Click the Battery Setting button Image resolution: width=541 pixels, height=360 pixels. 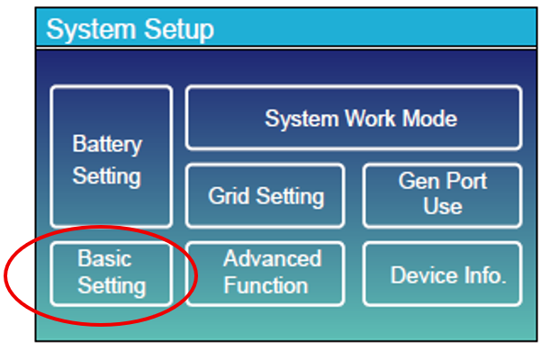pos(111,157)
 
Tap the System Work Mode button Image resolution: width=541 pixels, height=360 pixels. pos(353,118)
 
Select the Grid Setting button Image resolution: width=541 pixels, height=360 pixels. pos(265,195)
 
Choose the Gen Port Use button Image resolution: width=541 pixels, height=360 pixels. pos(442,194)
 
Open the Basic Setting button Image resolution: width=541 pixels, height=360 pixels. pos(111,273)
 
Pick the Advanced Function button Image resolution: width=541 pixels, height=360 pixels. pos(265,273)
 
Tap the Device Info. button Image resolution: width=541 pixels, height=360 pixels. pos(442,274)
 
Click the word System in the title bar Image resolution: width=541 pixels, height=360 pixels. pos(85,30)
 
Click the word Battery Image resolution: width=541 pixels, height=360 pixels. pos(107,144)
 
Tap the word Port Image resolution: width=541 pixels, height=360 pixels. pos(467,181)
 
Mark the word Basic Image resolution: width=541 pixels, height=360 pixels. pos(105,259)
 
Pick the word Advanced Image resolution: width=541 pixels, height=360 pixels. pos(272,259)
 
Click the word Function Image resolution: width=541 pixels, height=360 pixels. pos(266,286)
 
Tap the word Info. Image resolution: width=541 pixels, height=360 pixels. pos(484,274)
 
